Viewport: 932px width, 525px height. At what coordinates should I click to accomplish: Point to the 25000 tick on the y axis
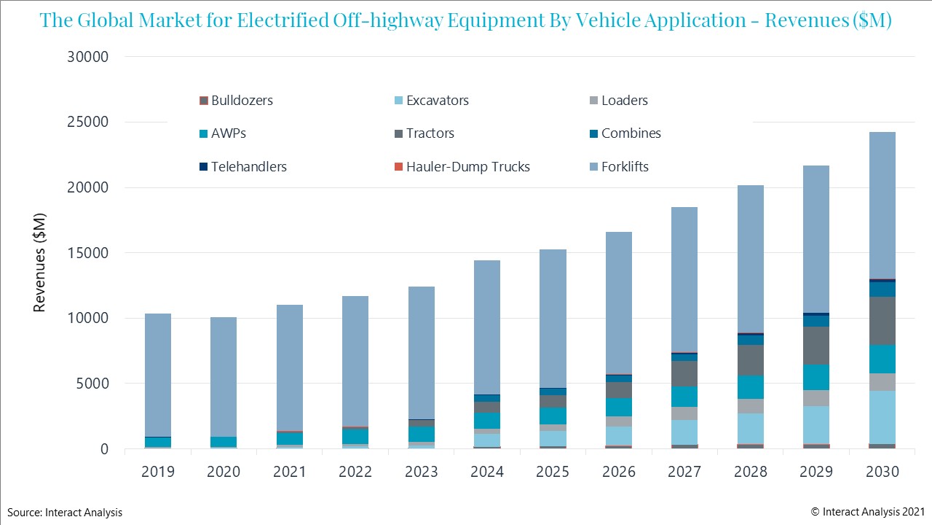click(x=88, y=122)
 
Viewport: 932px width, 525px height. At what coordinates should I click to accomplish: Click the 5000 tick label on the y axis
click(x=92, y=384)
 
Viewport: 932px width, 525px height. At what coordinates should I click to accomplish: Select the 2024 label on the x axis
click(x=487, y=472)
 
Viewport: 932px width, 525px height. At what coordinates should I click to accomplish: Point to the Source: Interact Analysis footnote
click(x=66, y=513)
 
